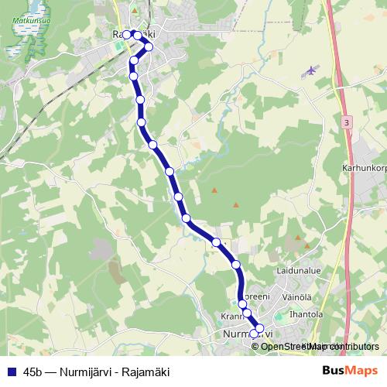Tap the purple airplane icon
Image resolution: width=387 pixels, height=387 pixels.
point(312,70)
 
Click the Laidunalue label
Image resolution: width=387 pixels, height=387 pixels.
point(299,272)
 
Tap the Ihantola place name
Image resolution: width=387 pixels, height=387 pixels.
point(305,315)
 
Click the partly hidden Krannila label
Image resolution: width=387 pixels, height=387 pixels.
point(232,317)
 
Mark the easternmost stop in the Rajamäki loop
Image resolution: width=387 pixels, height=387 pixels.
point(149,46)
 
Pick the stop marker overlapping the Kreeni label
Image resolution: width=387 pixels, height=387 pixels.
point(242,304)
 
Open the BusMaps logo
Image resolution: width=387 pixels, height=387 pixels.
point(350,371)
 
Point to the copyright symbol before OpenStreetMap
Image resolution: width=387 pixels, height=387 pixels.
point(256,346)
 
